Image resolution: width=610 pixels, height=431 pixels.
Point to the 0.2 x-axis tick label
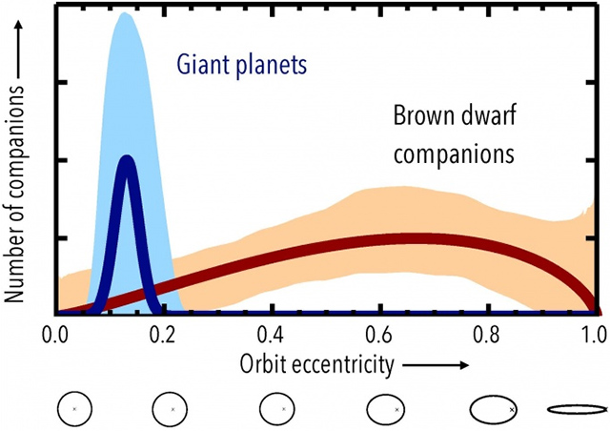(x=164, y=335)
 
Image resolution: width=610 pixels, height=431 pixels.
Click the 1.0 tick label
(x=594, y=335)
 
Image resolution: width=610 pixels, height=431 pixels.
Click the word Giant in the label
(x=202, y=67)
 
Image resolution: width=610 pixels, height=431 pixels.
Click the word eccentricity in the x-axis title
(x=344, y=365)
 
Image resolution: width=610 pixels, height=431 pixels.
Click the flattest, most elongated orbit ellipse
(x=577, y=408)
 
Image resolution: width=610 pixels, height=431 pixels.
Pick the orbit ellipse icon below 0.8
(x=492, y=408)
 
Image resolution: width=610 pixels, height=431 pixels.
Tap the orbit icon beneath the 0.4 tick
(x=281, y=408)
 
